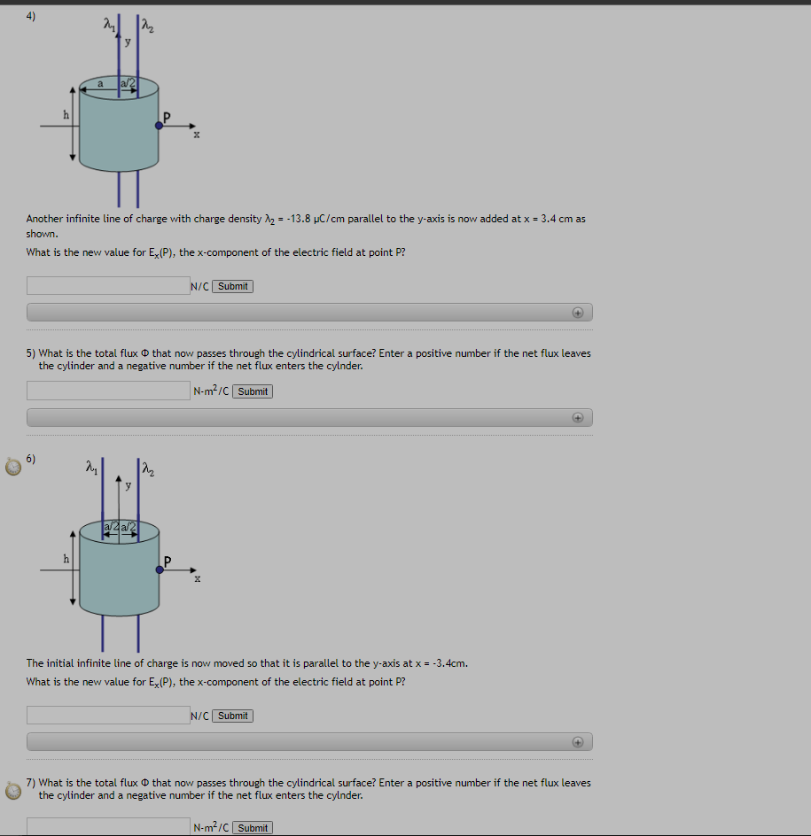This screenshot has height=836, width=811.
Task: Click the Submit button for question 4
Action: (233, 286)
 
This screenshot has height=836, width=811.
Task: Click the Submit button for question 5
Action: (253, 391)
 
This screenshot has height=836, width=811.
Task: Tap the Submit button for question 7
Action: (253, 828)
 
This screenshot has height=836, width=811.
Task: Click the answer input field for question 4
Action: (107, 286)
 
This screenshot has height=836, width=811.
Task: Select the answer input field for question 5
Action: (107, 391)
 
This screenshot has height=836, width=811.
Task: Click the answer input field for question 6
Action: (107, 715)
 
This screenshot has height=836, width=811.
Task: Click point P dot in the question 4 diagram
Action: (159, 126)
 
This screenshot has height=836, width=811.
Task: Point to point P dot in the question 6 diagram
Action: (159, 569)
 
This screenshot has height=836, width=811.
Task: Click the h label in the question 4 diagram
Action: (65, 114)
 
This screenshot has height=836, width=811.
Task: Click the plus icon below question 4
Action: (577, 312)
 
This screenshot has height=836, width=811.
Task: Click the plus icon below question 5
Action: (577, 417)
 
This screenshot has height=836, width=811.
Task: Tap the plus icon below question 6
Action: (577, 741)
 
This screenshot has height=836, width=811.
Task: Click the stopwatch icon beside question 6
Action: (13, 466)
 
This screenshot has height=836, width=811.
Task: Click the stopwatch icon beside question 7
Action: (13, 790)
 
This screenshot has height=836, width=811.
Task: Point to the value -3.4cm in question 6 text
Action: (449, 663)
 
